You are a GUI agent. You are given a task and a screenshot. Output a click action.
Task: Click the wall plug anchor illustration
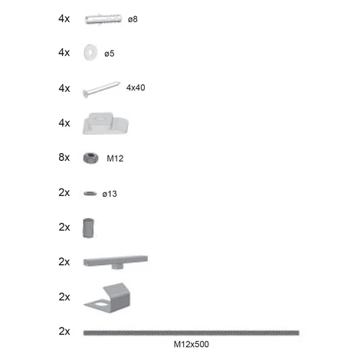[x=103, y=19]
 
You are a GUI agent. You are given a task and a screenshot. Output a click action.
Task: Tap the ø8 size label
[x=133, y=19]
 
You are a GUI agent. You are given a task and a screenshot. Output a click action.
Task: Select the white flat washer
[x=90, y=52]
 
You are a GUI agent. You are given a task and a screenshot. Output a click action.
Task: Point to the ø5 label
[x=110, y=54]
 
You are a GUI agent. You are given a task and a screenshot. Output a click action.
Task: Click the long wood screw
[x=101, y=89]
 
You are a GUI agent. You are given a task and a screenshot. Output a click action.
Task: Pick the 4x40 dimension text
[x=136, y=87]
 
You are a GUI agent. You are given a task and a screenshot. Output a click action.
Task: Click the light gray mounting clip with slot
[x=105, y=123]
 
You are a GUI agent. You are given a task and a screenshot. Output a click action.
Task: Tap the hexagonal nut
[x=90, y=158]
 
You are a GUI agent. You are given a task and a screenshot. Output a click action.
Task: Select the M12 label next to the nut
[x=115, y=159]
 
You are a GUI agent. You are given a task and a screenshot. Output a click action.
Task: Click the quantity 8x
[x=64, y=157]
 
